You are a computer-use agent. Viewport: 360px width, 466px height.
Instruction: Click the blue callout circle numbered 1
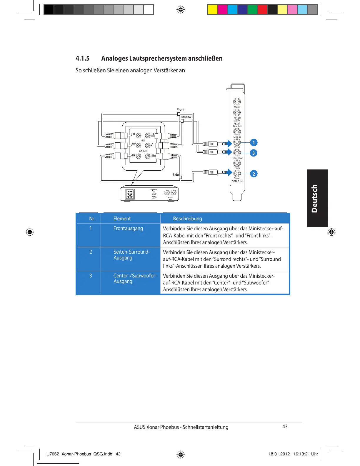254,143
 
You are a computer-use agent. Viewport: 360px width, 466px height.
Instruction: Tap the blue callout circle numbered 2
254,174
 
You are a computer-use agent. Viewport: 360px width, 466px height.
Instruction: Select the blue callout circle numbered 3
254,153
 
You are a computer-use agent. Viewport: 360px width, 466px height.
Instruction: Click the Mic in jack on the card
237,101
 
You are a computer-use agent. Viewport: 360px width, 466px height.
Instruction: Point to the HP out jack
237,112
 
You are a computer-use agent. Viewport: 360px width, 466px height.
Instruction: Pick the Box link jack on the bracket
237,122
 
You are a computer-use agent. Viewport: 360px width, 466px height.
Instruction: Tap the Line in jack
237,132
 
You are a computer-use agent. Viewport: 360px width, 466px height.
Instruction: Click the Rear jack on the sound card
237,163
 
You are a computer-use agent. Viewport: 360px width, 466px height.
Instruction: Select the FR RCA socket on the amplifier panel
139,136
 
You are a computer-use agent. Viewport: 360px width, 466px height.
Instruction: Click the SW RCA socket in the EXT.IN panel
139,145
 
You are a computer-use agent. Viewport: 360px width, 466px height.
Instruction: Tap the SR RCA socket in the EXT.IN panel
139,156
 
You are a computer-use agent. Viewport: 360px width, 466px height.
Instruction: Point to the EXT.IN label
143,151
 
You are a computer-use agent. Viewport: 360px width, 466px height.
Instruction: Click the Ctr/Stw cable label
186,117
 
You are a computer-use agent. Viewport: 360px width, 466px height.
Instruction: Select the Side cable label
175,175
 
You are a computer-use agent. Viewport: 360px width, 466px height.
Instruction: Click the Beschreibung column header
187,219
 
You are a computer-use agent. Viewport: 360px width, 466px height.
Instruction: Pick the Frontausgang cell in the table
128,228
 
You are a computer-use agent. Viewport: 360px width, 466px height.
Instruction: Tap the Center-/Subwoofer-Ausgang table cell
135,278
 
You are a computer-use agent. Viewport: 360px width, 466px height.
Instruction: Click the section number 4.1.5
83,58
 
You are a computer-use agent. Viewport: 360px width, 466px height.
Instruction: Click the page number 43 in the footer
285,427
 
